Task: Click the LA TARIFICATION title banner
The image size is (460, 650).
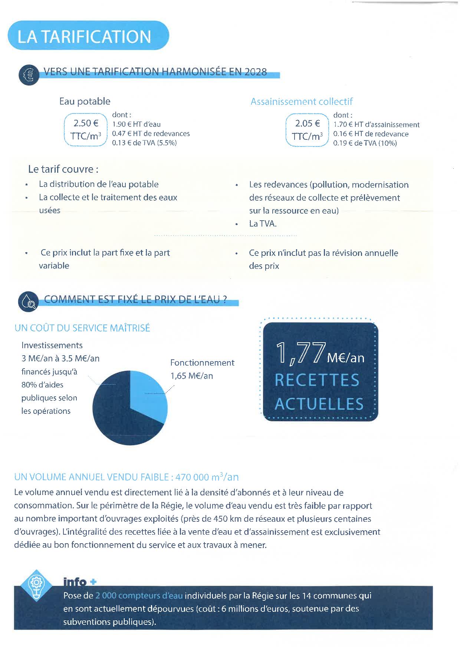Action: [88, 36]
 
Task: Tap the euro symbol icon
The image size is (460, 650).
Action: [29, 75]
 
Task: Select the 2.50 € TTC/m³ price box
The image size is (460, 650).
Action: [86, 130]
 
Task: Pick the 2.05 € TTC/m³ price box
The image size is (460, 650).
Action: [307, 130]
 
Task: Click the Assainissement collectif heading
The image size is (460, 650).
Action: [301, 102]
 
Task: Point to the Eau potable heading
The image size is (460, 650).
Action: [85, 101]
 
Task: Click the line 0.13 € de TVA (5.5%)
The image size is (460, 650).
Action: [144, 143]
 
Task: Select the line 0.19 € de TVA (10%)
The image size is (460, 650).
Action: [365, 143]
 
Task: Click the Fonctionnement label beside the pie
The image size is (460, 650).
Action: [202, 363]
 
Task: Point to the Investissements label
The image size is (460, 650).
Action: [52, 345]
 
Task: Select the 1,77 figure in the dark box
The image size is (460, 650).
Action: [300, 353]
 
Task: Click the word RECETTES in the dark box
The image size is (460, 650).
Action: [317, 380]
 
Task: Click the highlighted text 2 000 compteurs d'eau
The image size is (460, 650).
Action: [139, 595]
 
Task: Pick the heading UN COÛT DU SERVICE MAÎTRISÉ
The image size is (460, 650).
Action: [82, 328]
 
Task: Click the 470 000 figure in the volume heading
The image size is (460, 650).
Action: [190, 477]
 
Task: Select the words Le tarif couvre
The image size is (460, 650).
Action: [63, 169]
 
